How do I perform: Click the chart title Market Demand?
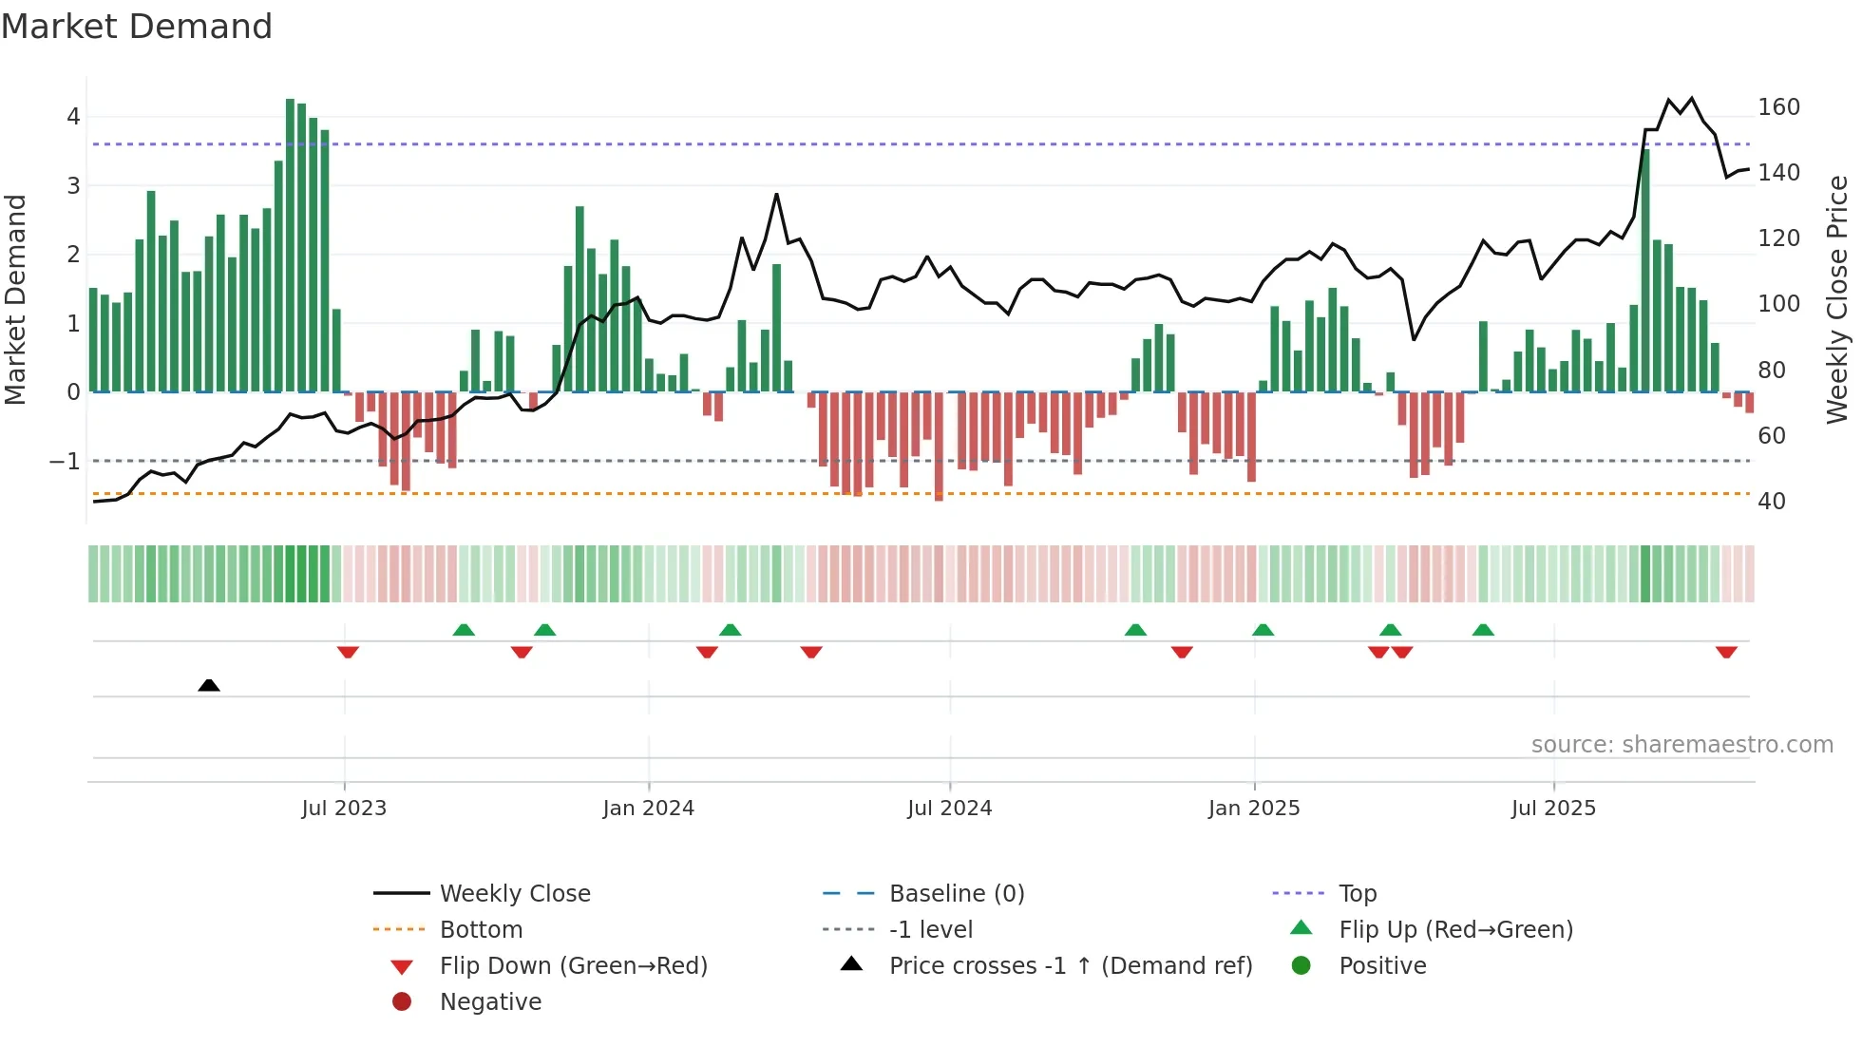[137, 27]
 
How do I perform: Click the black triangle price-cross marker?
[209, 685]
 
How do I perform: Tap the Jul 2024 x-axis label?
[949, 809]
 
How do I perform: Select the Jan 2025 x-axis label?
[1253, 809]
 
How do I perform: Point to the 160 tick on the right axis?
[1778, 107]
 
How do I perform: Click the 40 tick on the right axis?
[1772, 502]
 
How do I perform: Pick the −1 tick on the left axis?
[65, 462]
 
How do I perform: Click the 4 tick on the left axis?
[73, 117]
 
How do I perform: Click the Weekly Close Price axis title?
[1837, 299]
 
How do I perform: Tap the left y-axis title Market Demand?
[16, 299]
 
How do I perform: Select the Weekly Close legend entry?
[514, 894]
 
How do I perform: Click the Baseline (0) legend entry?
[956, 894]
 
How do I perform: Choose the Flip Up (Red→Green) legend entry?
[1455, 930]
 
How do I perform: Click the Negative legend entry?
[490, 1002]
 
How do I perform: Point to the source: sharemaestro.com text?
[1681, 745]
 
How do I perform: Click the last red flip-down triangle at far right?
[1726, 652]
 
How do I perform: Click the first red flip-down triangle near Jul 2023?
[348, 652]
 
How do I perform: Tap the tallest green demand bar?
[290, 245]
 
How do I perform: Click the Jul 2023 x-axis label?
[344, 809]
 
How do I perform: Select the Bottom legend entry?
[481, 930]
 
